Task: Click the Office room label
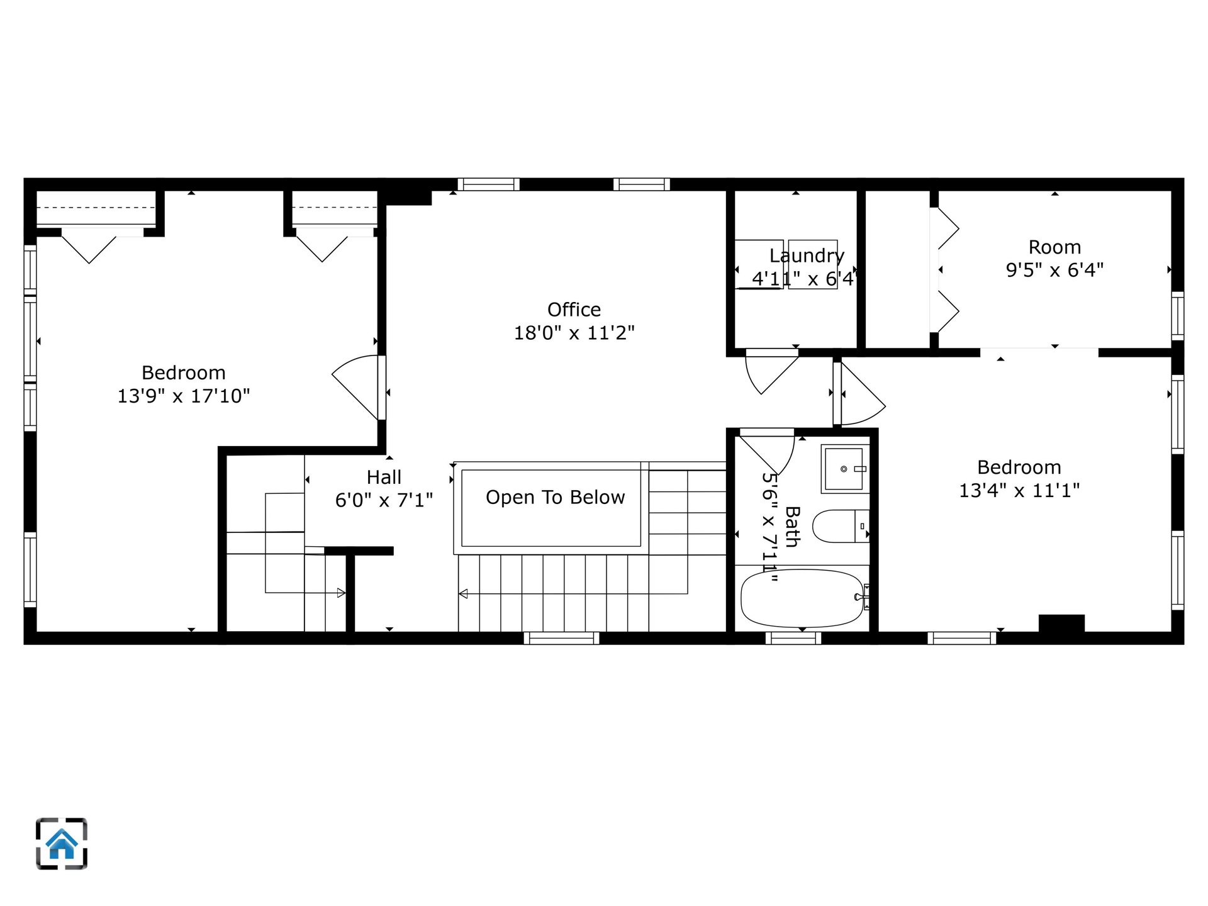[x=574, y=310]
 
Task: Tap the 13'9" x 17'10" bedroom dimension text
[x=184, y=396]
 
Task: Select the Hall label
[x=384, y=477]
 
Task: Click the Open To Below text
[x=556, y=497]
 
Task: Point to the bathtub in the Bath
[x=802, y=598]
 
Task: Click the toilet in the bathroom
[x=841, y=526]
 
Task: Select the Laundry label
[x=807, y=255]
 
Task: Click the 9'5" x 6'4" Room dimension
[x=1054, y=270]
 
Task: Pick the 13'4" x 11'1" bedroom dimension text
[x=1019, y=490]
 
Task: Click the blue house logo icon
[x=62, y=844]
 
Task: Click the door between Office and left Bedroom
[x=359, y=387]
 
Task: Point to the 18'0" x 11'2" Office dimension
[x=574, y=333]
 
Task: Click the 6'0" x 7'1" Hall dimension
[x=384, y=500]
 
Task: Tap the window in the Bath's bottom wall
[x=793, y=638]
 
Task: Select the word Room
[x=1054, y=247]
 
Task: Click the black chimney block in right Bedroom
[x=1061, y=623]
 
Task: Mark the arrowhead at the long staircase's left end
[x=463, y=593]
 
